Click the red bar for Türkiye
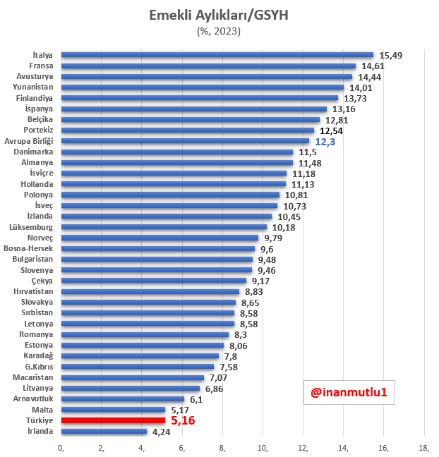point(113,420)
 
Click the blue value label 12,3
point(325,142)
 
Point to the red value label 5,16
point(183,420)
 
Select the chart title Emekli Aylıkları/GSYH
point(220,16)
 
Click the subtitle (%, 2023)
point(220,31)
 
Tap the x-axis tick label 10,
point(263,447)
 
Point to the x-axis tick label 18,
point(424,447)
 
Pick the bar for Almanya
point(177,163)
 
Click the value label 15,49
point(392,55)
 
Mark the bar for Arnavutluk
point(123,399)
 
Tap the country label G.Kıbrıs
point(39,367)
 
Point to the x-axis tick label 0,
point(61,447)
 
